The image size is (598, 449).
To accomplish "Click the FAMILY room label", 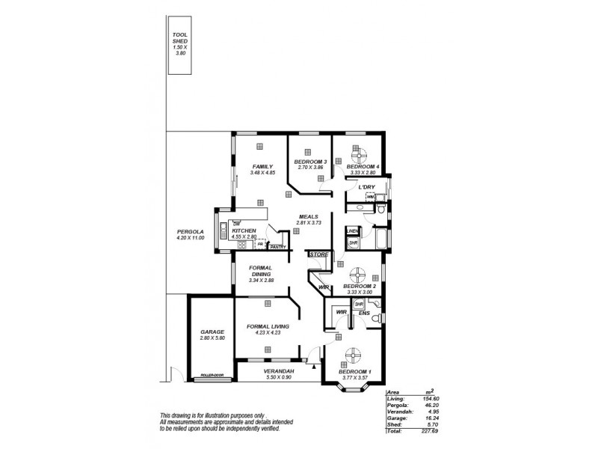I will coord(262,166).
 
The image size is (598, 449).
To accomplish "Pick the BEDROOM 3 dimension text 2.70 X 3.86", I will coord(310,168).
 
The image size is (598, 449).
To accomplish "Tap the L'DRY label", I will coord(366,186).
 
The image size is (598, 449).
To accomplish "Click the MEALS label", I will coord(308,216).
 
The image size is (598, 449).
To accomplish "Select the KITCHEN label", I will coord(244,230).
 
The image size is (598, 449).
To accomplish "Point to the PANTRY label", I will coord(278,246).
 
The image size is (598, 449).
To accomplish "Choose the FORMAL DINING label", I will coord(262,271).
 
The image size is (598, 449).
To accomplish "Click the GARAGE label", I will coord(212,332).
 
